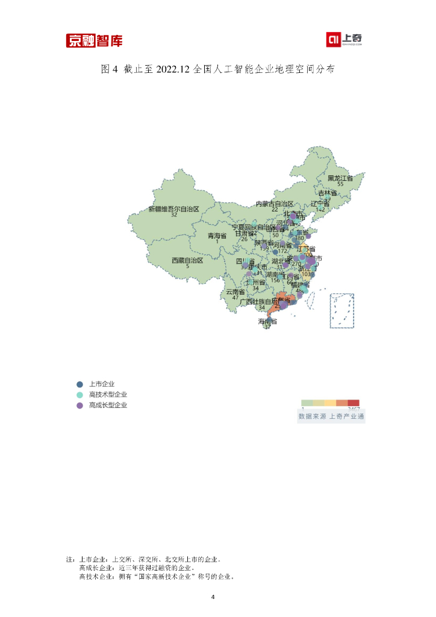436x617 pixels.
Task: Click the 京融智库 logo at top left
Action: [x=94, y=41]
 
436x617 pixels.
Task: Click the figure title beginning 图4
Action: [x=217, y=69]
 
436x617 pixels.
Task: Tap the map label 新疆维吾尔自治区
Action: [x=173, y=209]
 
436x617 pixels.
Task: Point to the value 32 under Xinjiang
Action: [x=173, y=215]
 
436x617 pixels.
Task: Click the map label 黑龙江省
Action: [x=340, y=178]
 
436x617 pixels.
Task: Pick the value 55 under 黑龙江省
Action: [x=340, y=184]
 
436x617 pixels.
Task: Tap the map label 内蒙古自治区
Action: [x=275, y=204]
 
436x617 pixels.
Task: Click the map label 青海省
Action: [x=217, y=236]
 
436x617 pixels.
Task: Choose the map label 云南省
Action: [x=235, y=292]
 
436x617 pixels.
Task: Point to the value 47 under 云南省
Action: [x=235, y=298]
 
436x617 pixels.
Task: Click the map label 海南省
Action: [x=267, y=321]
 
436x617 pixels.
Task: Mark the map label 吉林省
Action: [x=328, y=193]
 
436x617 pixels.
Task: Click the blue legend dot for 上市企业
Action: [x=79, y=384]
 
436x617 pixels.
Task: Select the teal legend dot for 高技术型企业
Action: [x=79, y=395]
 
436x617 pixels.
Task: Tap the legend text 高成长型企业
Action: [x=108, y=406]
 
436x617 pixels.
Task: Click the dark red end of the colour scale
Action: [x=354, y=402]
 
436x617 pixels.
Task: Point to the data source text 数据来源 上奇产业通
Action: [x=332, y=416]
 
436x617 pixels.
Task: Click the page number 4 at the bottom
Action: [x=213, y=597]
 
